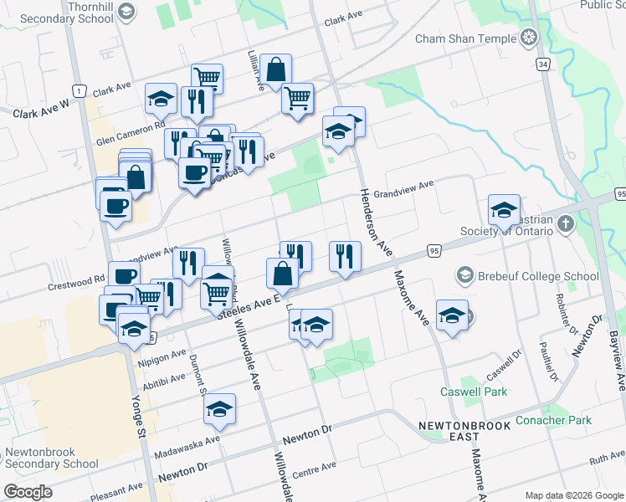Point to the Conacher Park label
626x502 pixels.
553,420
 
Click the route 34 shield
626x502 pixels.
543,64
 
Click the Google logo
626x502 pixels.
28,492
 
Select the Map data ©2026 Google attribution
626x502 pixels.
573,495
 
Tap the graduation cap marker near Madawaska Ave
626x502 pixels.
219,408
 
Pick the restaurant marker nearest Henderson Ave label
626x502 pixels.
345,256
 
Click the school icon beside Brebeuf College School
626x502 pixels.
464,275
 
